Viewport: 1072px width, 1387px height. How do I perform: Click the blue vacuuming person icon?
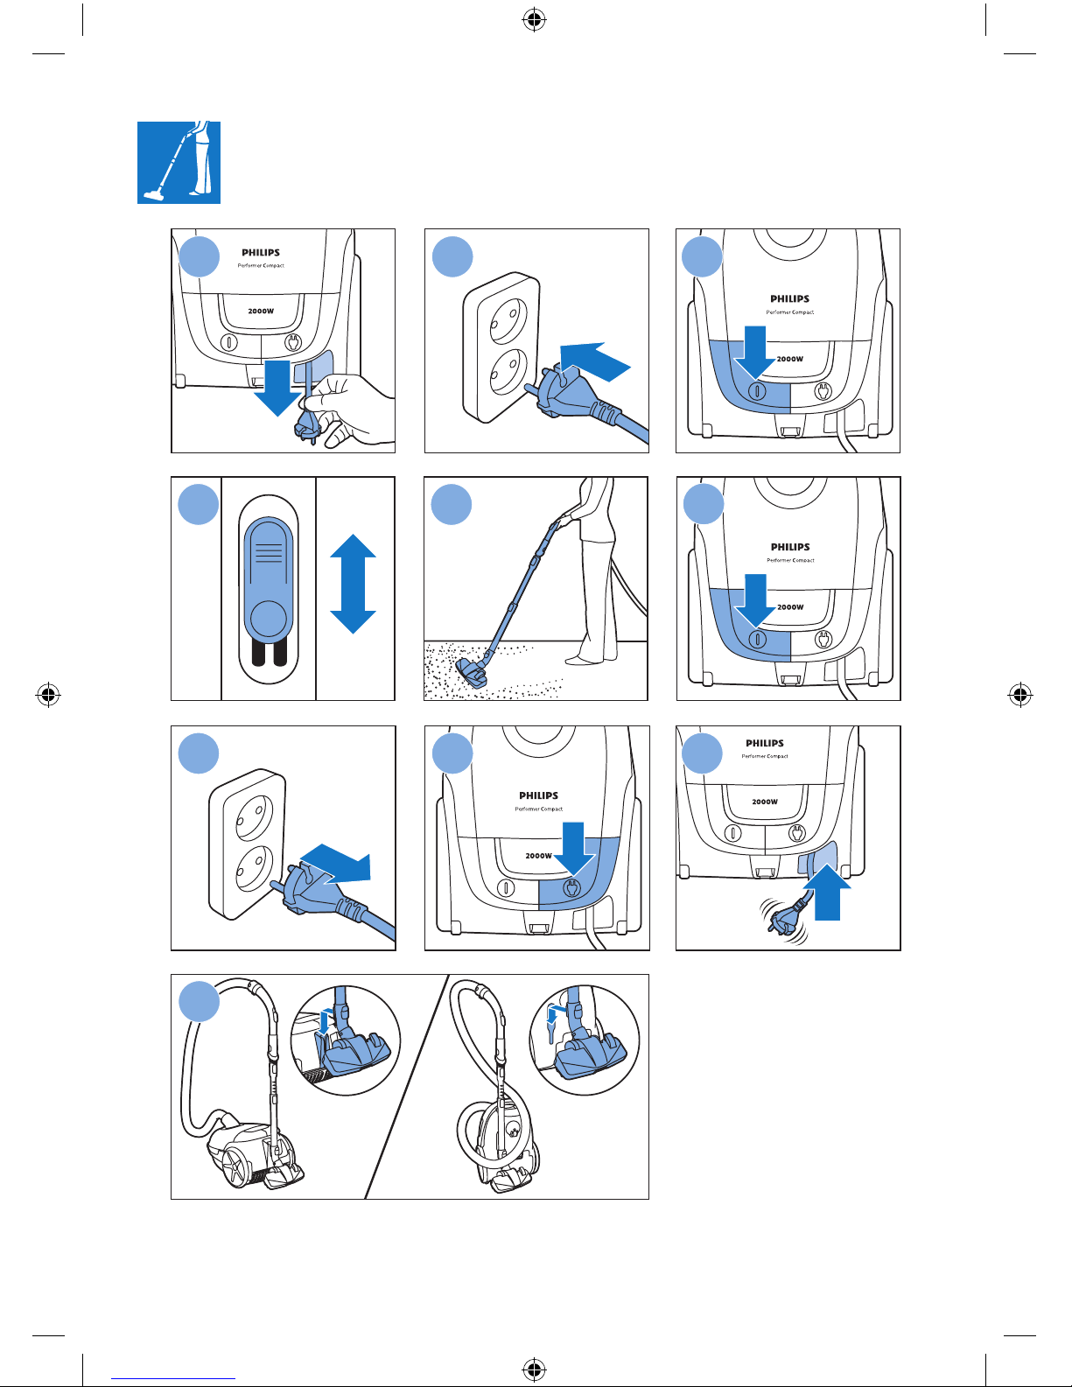click(179, 162)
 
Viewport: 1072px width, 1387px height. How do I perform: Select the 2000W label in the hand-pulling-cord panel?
click(261, 311)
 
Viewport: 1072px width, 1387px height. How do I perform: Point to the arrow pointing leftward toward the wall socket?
click(595, 362)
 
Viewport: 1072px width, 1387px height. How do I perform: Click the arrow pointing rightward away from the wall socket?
click(336, 865)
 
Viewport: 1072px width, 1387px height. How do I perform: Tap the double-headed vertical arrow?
click(353, 584)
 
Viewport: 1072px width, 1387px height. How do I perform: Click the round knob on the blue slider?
click(269, 619)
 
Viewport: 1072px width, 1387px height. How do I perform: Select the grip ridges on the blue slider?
click(269, 552)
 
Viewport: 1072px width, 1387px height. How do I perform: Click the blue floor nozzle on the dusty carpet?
click(473, 673)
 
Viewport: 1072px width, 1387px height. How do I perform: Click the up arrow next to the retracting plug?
click(828, 892)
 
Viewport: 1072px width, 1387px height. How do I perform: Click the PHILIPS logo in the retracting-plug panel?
click(765, 743)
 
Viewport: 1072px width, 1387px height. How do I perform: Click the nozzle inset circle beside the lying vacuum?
click(346, 1040)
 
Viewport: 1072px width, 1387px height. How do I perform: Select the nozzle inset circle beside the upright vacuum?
click(585, 1040)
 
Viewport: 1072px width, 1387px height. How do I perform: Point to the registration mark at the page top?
click(534, 20)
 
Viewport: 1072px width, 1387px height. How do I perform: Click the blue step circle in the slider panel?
click(199, 504)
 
